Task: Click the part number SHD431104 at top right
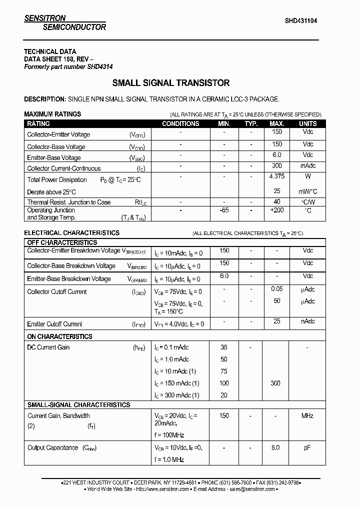(300, 21)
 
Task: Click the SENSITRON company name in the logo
(45, 18)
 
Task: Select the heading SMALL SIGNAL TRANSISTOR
(171, 83)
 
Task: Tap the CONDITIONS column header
(180, 123)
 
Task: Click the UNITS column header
(307, 123)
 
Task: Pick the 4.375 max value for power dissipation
(276, 176)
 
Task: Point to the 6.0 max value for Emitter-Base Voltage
(276, 155)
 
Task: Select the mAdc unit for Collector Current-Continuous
(308, 166)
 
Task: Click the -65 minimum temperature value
(224, 210)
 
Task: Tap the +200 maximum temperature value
(276, 210)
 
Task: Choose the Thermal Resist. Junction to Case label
(69, 202)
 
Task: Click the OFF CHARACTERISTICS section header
(62, 242)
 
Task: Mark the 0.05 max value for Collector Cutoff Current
(276, 289)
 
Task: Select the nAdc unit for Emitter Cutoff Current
(308, 321)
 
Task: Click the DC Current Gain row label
(48, 347)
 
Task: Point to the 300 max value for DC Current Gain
(275, 383)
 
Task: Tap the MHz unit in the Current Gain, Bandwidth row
(307, 416)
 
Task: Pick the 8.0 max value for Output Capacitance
(275, 448)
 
